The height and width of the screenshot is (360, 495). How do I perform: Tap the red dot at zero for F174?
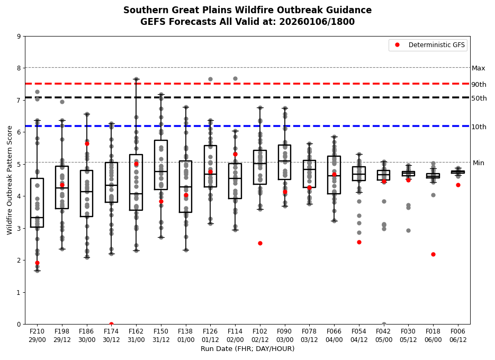[111, 324]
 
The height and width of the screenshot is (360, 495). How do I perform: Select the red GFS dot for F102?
[260, 243]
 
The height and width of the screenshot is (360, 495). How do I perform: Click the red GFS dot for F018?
[433, 254]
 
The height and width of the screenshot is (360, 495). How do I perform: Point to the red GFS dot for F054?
[359, 242]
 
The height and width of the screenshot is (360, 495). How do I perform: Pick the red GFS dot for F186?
[87, 143]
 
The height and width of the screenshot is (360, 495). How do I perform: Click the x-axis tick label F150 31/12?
[161, 335]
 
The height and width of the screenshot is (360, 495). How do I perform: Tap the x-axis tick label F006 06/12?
[458, 335]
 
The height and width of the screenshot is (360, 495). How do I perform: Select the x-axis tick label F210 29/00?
[37, 335]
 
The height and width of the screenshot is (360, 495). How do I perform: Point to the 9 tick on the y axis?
[19, 37]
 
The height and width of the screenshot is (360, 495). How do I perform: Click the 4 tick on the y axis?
[19, 196]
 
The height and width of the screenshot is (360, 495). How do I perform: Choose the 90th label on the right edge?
[479, 85]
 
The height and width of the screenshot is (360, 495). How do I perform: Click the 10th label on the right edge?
[479, 127]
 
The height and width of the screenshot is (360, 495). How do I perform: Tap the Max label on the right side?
[479, 68]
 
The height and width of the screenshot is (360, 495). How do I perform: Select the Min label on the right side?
[479, 163]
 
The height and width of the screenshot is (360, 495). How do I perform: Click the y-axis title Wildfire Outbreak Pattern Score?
[10, 180]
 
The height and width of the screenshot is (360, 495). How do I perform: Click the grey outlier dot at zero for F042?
[384, 324]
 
